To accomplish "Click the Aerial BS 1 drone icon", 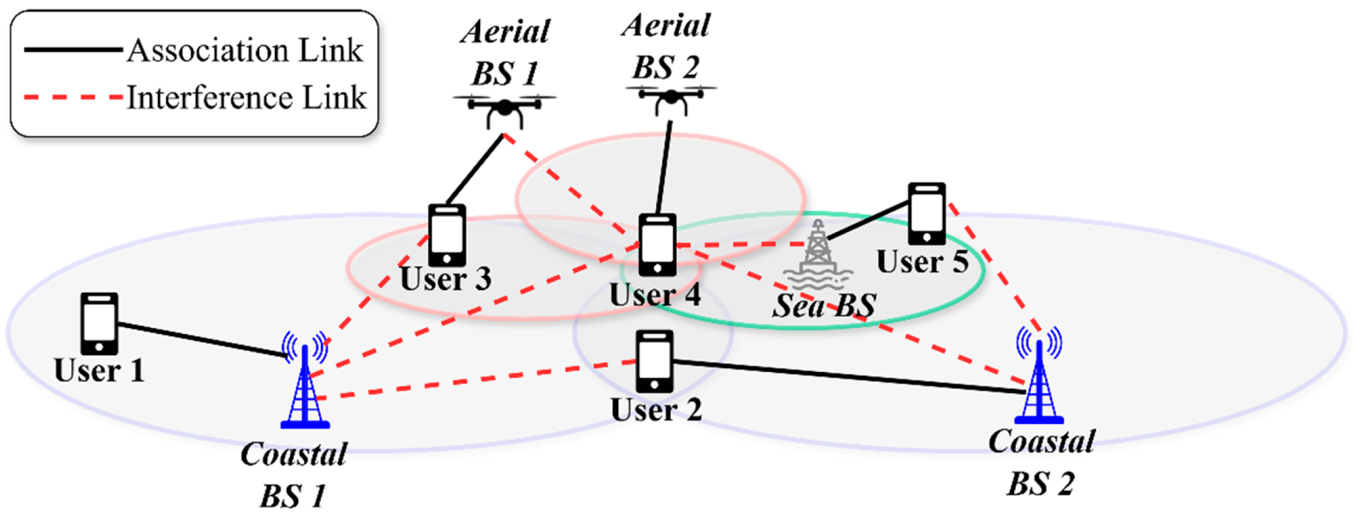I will click(504, 109).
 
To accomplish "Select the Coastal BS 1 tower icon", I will click(305, 384).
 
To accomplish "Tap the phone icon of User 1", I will click(99, 324).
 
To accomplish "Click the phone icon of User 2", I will click(655, 361).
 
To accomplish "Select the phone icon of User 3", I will click(447, 236).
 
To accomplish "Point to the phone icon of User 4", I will click(657, 245).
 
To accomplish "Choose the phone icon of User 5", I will click(927, 213).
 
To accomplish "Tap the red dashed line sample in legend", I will click(73, 97).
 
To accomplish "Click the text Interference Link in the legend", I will click(246, 98).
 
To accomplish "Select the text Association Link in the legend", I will click(245, 50).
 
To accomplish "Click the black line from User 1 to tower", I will click(201, 340).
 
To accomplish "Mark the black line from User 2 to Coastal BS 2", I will click(849, 377).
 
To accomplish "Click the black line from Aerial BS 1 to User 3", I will click(475, 169).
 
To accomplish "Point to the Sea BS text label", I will click(824, 306).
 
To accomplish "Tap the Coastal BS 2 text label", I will click(1041, 462).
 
